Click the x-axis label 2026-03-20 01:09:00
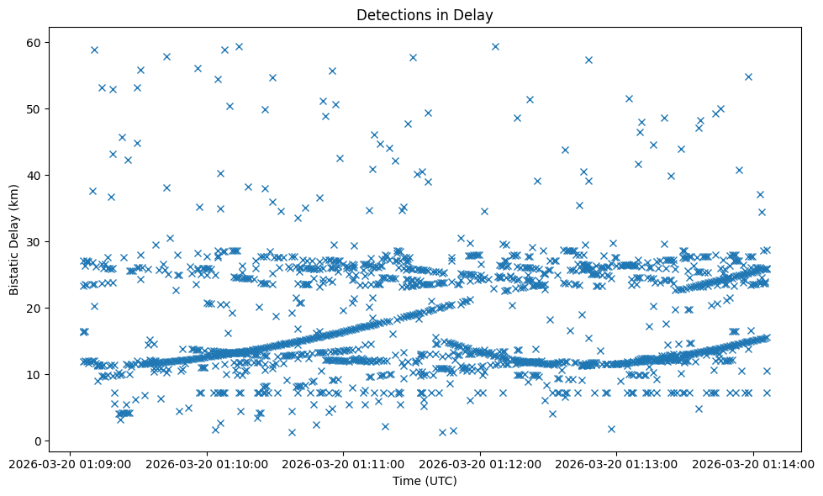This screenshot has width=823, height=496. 70,463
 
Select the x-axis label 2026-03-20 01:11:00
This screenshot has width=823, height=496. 344,463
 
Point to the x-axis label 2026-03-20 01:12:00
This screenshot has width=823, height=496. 481,463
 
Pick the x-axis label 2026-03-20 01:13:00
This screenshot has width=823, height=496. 617,463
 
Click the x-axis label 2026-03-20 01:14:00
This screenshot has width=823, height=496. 754,463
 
